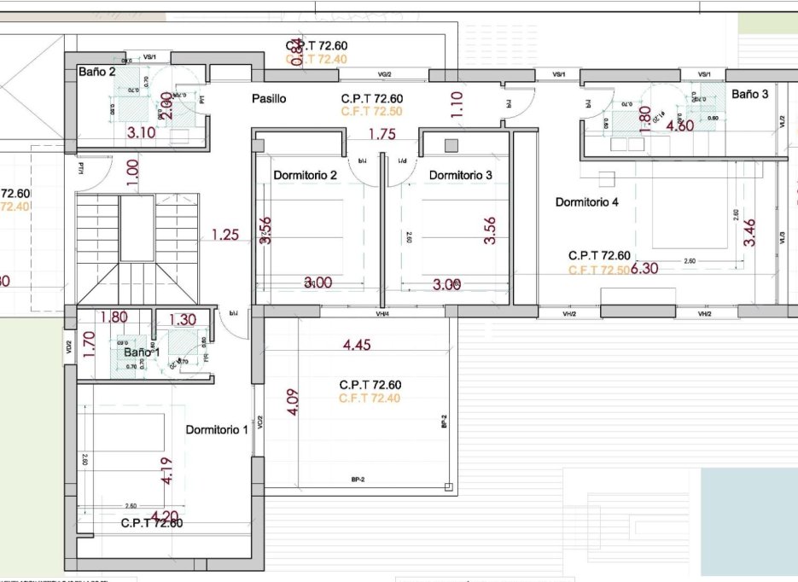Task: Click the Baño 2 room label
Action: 96,72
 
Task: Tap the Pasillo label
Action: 269,99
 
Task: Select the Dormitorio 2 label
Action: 306,175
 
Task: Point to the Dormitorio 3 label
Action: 460,175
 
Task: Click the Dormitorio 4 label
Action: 587,202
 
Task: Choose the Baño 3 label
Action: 749,94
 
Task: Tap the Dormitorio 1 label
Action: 217,429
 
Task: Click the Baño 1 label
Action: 142,352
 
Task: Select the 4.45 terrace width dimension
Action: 358,346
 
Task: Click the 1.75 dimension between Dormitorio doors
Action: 382,134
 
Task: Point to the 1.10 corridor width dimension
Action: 457,104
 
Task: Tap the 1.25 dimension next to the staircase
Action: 225,235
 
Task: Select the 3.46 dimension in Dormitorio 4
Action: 749,233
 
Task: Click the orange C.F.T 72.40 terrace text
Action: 369,399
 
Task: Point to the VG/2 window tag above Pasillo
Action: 384,74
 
